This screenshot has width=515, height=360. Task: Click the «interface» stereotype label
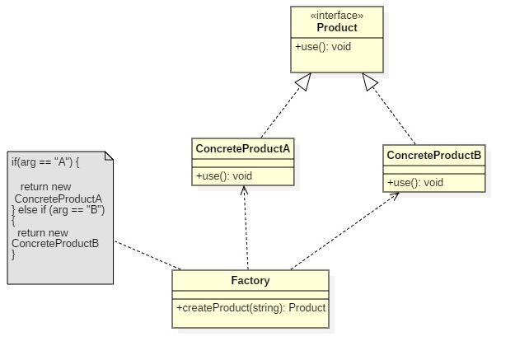pyautogui.click(x=336, y=16)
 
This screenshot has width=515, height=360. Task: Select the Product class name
pyautogui.click(x=336, y=28)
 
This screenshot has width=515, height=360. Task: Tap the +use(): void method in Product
pyautogui.click(x=323, y=47)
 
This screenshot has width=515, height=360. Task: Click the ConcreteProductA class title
pyautogui.click(x=242, y=148)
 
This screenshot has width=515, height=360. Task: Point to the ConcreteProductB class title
pyautogui.click(x=433, y=155)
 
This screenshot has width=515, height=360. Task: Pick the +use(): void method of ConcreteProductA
pyautogui.click(x=224, y=175)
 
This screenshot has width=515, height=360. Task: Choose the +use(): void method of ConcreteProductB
pyautogui.click(x=415, y=182)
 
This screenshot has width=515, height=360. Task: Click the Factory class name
pyautogui.click(x=250, y=280)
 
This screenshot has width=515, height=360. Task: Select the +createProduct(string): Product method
pyautogui.click(x=250, y=307)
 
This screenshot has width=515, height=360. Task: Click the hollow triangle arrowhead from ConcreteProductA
pyautogui.click(x=303, y=82)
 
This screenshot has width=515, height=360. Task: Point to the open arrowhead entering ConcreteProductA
pyautogui.click(x=244, y=190)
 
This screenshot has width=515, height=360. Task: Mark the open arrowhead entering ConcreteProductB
pyautogui.click(x=395, y=195)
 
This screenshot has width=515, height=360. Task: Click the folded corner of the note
pyautogui.click(x=108, y=156)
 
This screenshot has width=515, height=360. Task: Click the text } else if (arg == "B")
pyautogui.click(x=59, y=209)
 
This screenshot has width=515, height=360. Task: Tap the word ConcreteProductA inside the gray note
pyautogui.click(x=59, y=199)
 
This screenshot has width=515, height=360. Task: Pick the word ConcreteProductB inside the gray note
pyautogui.click(x=55, y=243)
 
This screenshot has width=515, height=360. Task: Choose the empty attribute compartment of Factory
pyautogui.click(x=250, y=294)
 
